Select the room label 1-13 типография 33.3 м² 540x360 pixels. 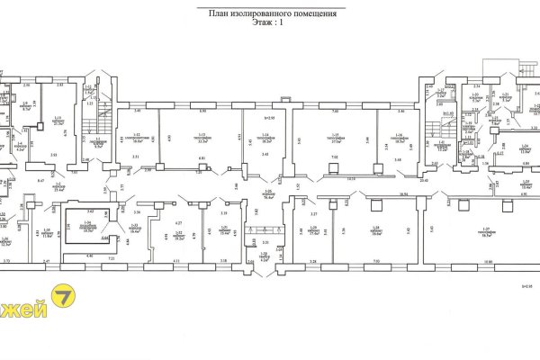201,139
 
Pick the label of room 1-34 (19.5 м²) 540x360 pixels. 87,229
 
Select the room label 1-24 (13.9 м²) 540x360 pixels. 524,149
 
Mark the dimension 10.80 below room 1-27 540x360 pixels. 489,262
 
